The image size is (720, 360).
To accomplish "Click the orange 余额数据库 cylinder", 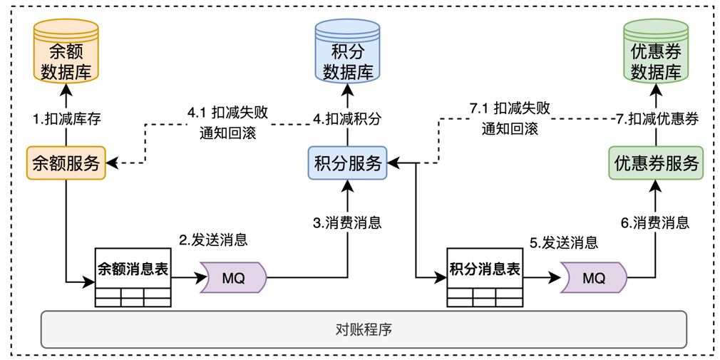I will tap(66, 51).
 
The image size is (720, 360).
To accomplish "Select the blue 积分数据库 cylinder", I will tap(348, 51).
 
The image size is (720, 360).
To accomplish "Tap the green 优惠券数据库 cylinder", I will tap(656, 51).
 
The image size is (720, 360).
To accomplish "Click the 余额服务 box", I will tap(66, 163).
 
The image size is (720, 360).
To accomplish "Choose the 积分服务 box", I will tap(348, 163).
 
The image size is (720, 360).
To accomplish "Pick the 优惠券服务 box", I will tap(656, 163).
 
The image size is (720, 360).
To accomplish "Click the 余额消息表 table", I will tap(133, 277).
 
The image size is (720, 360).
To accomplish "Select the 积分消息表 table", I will tap(485, 277).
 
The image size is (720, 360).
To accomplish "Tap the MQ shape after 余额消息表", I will tap(233, 277).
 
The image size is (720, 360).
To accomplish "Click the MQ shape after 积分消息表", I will tap(593, 277).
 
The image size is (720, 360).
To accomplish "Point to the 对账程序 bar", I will tap(364, 329).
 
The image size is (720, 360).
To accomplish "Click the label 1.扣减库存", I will tap(67, 119).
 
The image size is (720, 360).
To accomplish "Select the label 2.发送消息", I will tap(213, 240).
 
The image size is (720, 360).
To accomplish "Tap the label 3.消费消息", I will tap(347, 222).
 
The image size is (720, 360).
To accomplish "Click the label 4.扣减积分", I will tap(347, 119).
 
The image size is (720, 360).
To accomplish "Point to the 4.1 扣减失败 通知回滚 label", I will tap(228, 122).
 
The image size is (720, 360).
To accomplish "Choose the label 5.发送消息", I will tap(563, 242).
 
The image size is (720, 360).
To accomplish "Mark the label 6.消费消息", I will tap(655, 222).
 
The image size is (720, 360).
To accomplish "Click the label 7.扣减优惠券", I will tap(656, 119).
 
